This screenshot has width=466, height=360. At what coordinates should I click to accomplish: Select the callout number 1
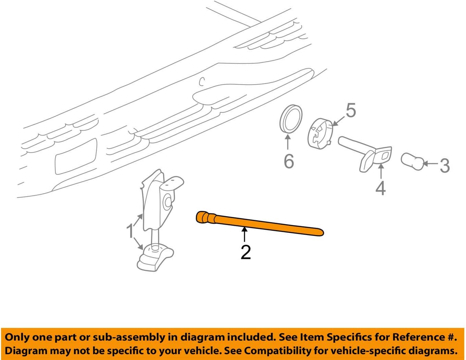(130, 231)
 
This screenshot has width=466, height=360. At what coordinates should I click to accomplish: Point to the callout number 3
(444, 165)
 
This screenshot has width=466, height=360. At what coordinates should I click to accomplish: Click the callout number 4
(381, 188)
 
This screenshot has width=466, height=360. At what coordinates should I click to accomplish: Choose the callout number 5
(351, 110)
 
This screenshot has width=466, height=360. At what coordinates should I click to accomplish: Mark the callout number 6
(289, 161)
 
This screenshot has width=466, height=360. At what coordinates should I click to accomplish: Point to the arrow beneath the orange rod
(244, 234)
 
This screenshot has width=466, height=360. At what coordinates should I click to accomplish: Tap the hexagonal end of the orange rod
(202, 217)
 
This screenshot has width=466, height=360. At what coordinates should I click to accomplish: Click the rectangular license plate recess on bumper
(76, 157)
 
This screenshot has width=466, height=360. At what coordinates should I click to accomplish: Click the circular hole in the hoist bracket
(168, 202)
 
